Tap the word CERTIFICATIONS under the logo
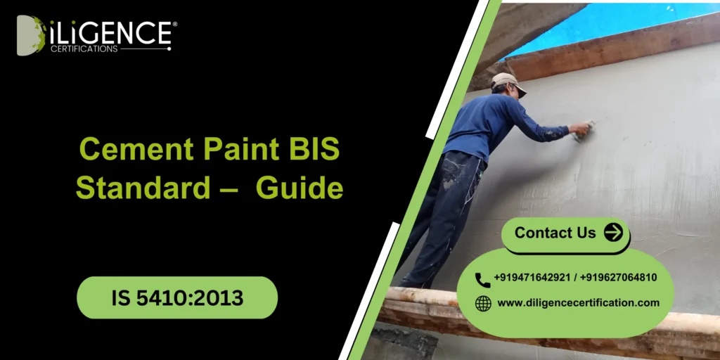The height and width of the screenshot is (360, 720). [x=84, y=49]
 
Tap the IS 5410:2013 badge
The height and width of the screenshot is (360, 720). [x=177, y=297]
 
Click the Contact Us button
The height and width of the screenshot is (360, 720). [x=555, y=233]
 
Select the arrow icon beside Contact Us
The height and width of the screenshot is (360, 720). [x=613, y=233]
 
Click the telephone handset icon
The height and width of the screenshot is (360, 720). [x=482, y=279]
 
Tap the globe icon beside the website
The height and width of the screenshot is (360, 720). [x=483, y=303]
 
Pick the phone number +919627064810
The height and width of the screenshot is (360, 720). [x=619, y=278]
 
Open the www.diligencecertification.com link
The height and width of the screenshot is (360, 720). [x=578, y=302]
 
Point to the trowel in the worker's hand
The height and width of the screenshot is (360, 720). [x=583, y=130]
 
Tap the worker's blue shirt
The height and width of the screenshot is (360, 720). [x=499, y=123]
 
